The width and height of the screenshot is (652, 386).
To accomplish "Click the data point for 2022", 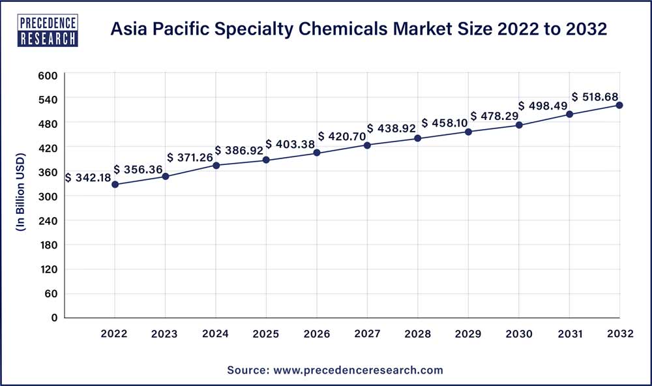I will pyautogui.click(x=115, y=185).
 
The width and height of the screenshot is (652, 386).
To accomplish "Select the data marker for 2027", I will pyautogui.click(x=367, y=145).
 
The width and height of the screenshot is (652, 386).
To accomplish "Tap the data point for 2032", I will pyautogui.click(x=619, y=105).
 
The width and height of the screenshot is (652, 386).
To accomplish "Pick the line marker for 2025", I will pyautogui.click(x=266, y=160).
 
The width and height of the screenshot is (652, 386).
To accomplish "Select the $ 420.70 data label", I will pyautogui.click(x=344, y=136).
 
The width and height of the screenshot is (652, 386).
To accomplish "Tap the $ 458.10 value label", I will pyautogui.click(x=445, y=123).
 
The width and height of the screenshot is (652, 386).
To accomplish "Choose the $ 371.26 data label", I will pyautogui.click(x=191, y=157).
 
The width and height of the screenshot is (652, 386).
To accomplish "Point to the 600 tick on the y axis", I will pyautogui.click(x=50, y=75).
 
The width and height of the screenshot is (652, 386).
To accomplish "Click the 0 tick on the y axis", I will pyautogui.click(x=55, y=318).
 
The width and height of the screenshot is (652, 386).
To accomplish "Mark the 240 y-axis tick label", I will pyautogui.click(x=50, y=220).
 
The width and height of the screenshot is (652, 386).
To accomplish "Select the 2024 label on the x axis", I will pyautogui.click(x=215, y=334).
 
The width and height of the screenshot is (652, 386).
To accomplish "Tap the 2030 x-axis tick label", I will pyautogui.click(x=518, y=334).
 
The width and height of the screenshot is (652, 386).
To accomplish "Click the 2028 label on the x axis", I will pyautogui.click(x=417, y=334).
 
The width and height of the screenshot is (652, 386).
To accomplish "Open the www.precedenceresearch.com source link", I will pyautogui.click(x=358, y=370).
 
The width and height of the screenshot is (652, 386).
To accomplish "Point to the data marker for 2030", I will pyautogui.click(x=518, y=125).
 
